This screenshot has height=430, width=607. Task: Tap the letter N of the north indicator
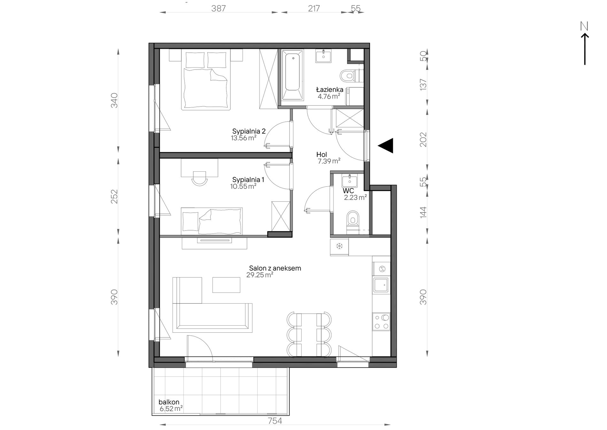point(584,26)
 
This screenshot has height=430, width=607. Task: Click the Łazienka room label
point(330,90)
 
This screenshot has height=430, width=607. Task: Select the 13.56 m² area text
point(243,138)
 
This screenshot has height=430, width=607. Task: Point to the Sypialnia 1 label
point(248,180)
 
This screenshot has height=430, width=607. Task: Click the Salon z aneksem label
point(275,268)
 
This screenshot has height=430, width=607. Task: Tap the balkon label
point(169,402)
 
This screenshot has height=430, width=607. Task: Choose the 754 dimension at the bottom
point(275,421)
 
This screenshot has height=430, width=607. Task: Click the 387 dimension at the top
point(219,9)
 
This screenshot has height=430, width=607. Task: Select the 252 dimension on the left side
point(114,196)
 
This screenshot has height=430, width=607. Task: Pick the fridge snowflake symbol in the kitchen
point(339,246)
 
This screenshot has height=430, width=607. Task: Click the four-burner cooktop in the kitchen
point(381,322)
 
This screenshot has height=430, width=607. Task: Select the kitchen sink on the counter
point(381,285)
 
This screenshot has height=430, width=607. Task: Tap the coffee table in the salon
point(226,285)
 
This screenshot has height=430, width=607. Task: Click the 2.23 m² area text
point(355,197)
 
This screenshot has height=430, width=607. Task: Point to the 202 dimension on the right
point(423,139)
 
